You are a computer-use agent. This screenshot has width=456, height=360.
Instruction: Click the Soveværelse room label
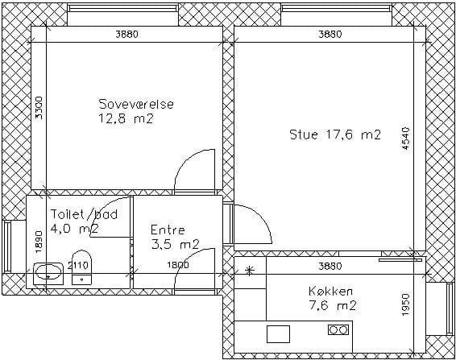coord(136,104)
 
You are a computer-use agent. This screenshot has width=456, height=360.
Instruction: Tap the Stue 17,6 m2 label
coord(335,134)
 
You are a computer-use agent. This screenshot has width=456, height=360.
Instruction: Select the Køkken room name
coord(331,291)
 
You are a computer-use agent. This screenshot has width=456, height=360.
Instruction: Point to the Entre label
coord(168,230)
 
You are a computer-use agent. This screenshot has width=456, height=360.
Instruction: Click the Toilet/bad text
coord(84,214)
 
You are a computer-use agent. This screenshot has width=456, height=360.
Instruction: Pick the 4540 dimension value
coord(406,139)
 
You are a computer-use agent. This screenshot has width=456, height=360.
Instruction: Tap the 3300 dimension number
coord(39,108)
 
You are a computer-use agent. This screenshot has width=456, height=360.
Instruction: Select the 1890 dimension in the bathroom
coord(39,242)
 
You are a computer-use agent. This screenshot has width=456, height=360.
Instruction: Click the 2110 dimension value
coord(77,265)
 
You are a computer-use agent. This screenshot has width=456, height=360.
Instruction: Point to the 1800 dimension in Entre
coord(178,265)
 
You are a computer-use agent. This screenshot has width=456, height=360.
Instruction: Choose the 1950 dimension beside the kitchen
coord(406,304)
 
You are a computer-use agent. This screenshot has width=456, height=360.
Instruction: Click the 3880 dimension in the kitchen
coord(330,266)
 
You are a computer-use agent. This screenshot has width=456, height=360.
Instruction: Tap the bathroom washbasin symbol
coord(48,274)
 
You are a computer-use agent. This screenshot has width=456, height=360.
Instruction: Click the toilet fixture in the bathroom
coord(81,267)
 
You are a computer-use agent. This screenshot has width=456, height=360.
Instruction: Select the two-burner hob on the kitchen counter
coord(338,329)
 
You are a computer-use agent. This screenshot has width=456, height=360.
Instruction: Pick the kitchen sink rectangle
coord(278,334)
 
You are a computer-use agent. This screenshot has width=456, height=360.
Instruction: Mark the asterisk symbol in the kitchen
coord(249,271)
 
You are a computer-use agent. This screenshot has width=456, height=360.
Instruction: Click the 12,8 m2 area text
coord(126,118)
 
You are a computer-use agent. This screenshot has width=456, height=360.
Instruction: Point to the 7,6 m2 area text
coord(333,305)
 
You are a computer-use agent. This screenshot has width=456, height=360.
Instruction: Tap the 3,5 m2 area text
coord(176,244)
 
